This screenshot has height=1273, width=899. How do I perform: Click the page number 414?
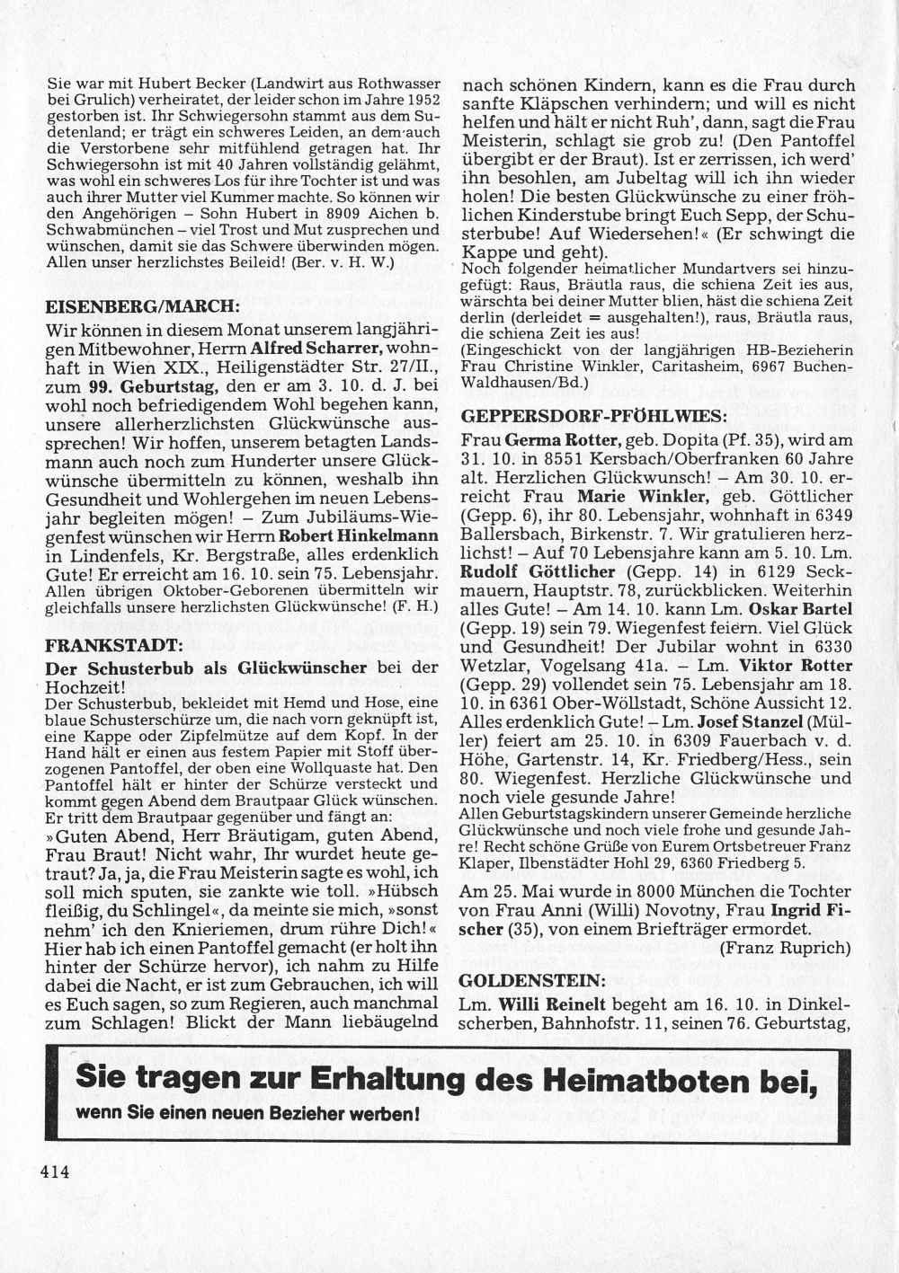(55, 1171)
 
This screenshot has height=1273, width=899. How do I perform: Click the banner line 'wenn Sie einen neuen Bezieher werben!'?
(249, 1114)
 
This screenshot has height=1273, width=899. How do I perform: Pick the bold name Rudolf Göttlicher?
(538, 571)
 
